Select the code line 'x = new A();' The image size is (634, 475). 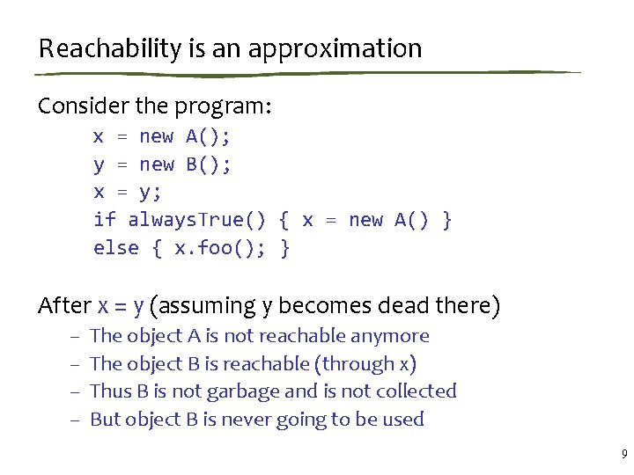[x=163, y=136]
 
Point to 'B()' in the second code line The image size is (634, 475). [x=209, y=164]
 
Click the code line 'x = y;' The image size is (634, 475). [x=128, y=192]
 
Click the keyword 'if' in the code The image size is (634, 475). [x=105, y=220]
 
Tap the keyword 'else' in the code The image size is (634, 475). [x=116, y=248]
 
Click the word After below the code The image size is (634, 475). [x=64, y=306]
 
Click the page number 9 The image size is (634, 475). [x=623, y=455]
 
